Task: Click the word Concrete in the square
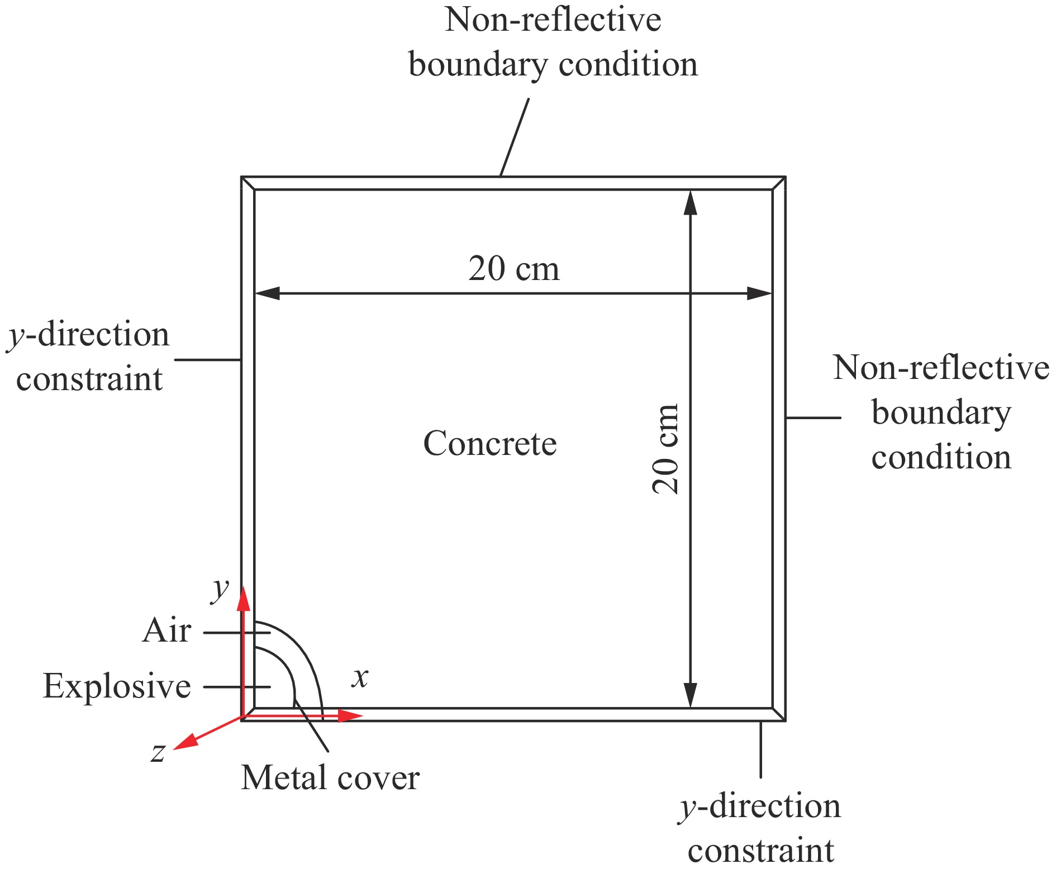pyautogui.click(x=490, y=444)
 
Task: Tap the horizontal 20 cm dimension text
pyautogui.click(x=513, y=269)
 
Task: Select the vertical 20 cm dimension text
pyautogui.click(x=665, y=449)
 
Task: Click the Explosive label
pyautogui.click(x=117, y=686)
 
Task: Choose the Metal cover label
pyautogui.click(x=330, y=778)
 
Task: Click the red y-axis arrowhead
pyautogui.click(x=243, y=599)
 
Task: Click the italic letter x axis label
pyautogui.click(x=360, y=677)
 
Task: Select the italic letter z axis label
pyautogui.click(x=158, y=752)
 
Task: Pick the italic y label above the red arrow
pyautogui.click(x=220, y=590)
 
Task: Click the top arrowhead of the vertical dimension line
pyautogui.click(x=691, y=203)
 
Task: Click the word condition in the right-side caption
pyautogui.click(x=941, y=457)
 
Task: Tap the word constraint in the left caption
pyautogui.click(x=89, y=379)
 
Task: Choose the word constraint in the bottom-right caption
pyautogui.click(x=760, y=851)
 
